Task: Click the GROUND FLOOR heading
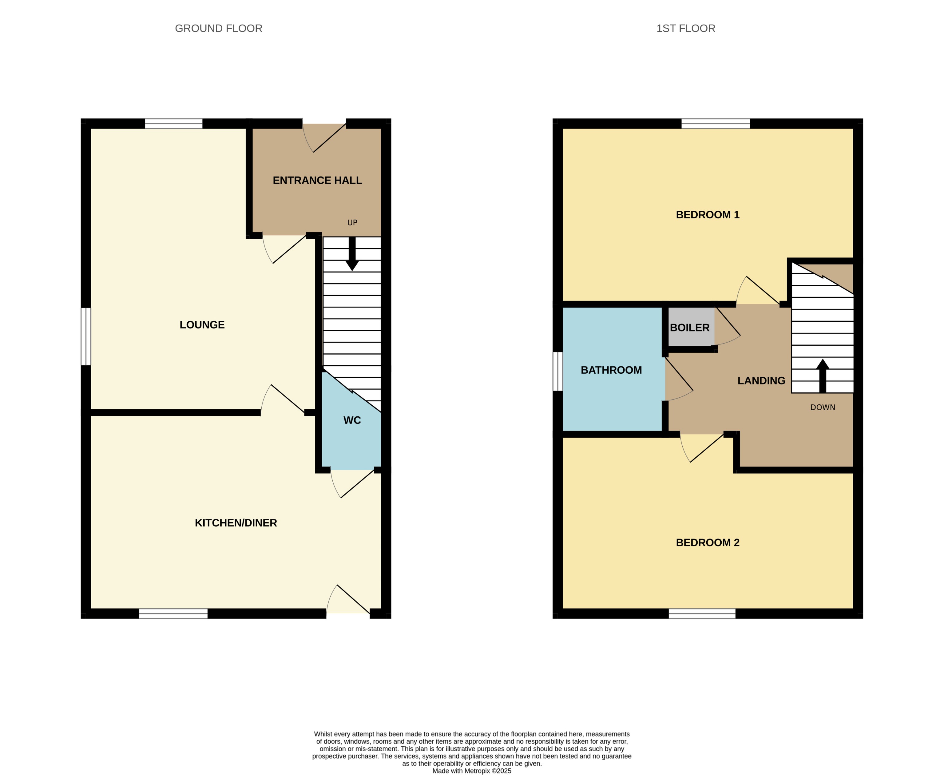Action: [218, 29]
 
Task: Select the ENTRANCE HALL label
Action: [317, 180]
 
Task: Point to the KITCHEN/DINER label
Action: [236, 523]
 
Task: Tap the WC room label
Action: [352, 420]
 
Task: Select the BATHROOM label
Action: [611, 370]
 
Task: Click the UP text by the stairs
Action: [352, 223]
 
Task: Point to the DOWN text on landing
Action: [822, 407]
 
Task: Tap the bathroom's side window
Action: [557, 372]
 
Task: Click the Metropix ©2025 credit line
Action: [471, 770]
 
